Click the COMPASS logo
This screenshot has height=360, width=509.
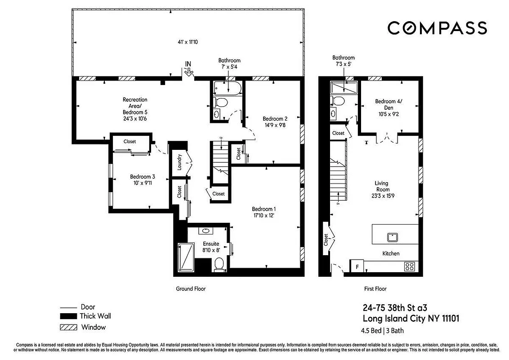tap(437, 28)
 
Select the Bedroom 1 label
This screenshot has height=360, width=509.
tap(263, 209)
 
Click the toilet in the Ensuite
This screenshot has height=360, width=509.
tap(219, 264)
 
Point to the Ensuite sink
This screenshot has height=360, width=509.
tap(207, 231)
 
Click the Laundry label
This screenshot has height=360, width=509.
tap(179, 162)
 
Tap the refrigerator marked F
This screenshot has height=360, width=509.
tap(357, 265)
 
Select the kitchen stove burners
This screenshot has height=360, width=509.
tap(410, 265)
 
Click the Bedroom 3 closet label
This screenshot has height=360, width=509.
tap(129, 141)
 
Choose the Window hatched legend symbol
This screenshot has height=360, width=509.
tap(67, 327)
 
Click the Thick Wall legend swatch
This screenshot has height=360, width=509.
tap(67, 316)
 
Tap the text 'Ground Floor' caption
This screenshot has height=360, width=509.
tap(190, 289)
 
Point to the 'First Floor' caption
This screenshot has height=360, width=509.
tap(375, 289)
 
